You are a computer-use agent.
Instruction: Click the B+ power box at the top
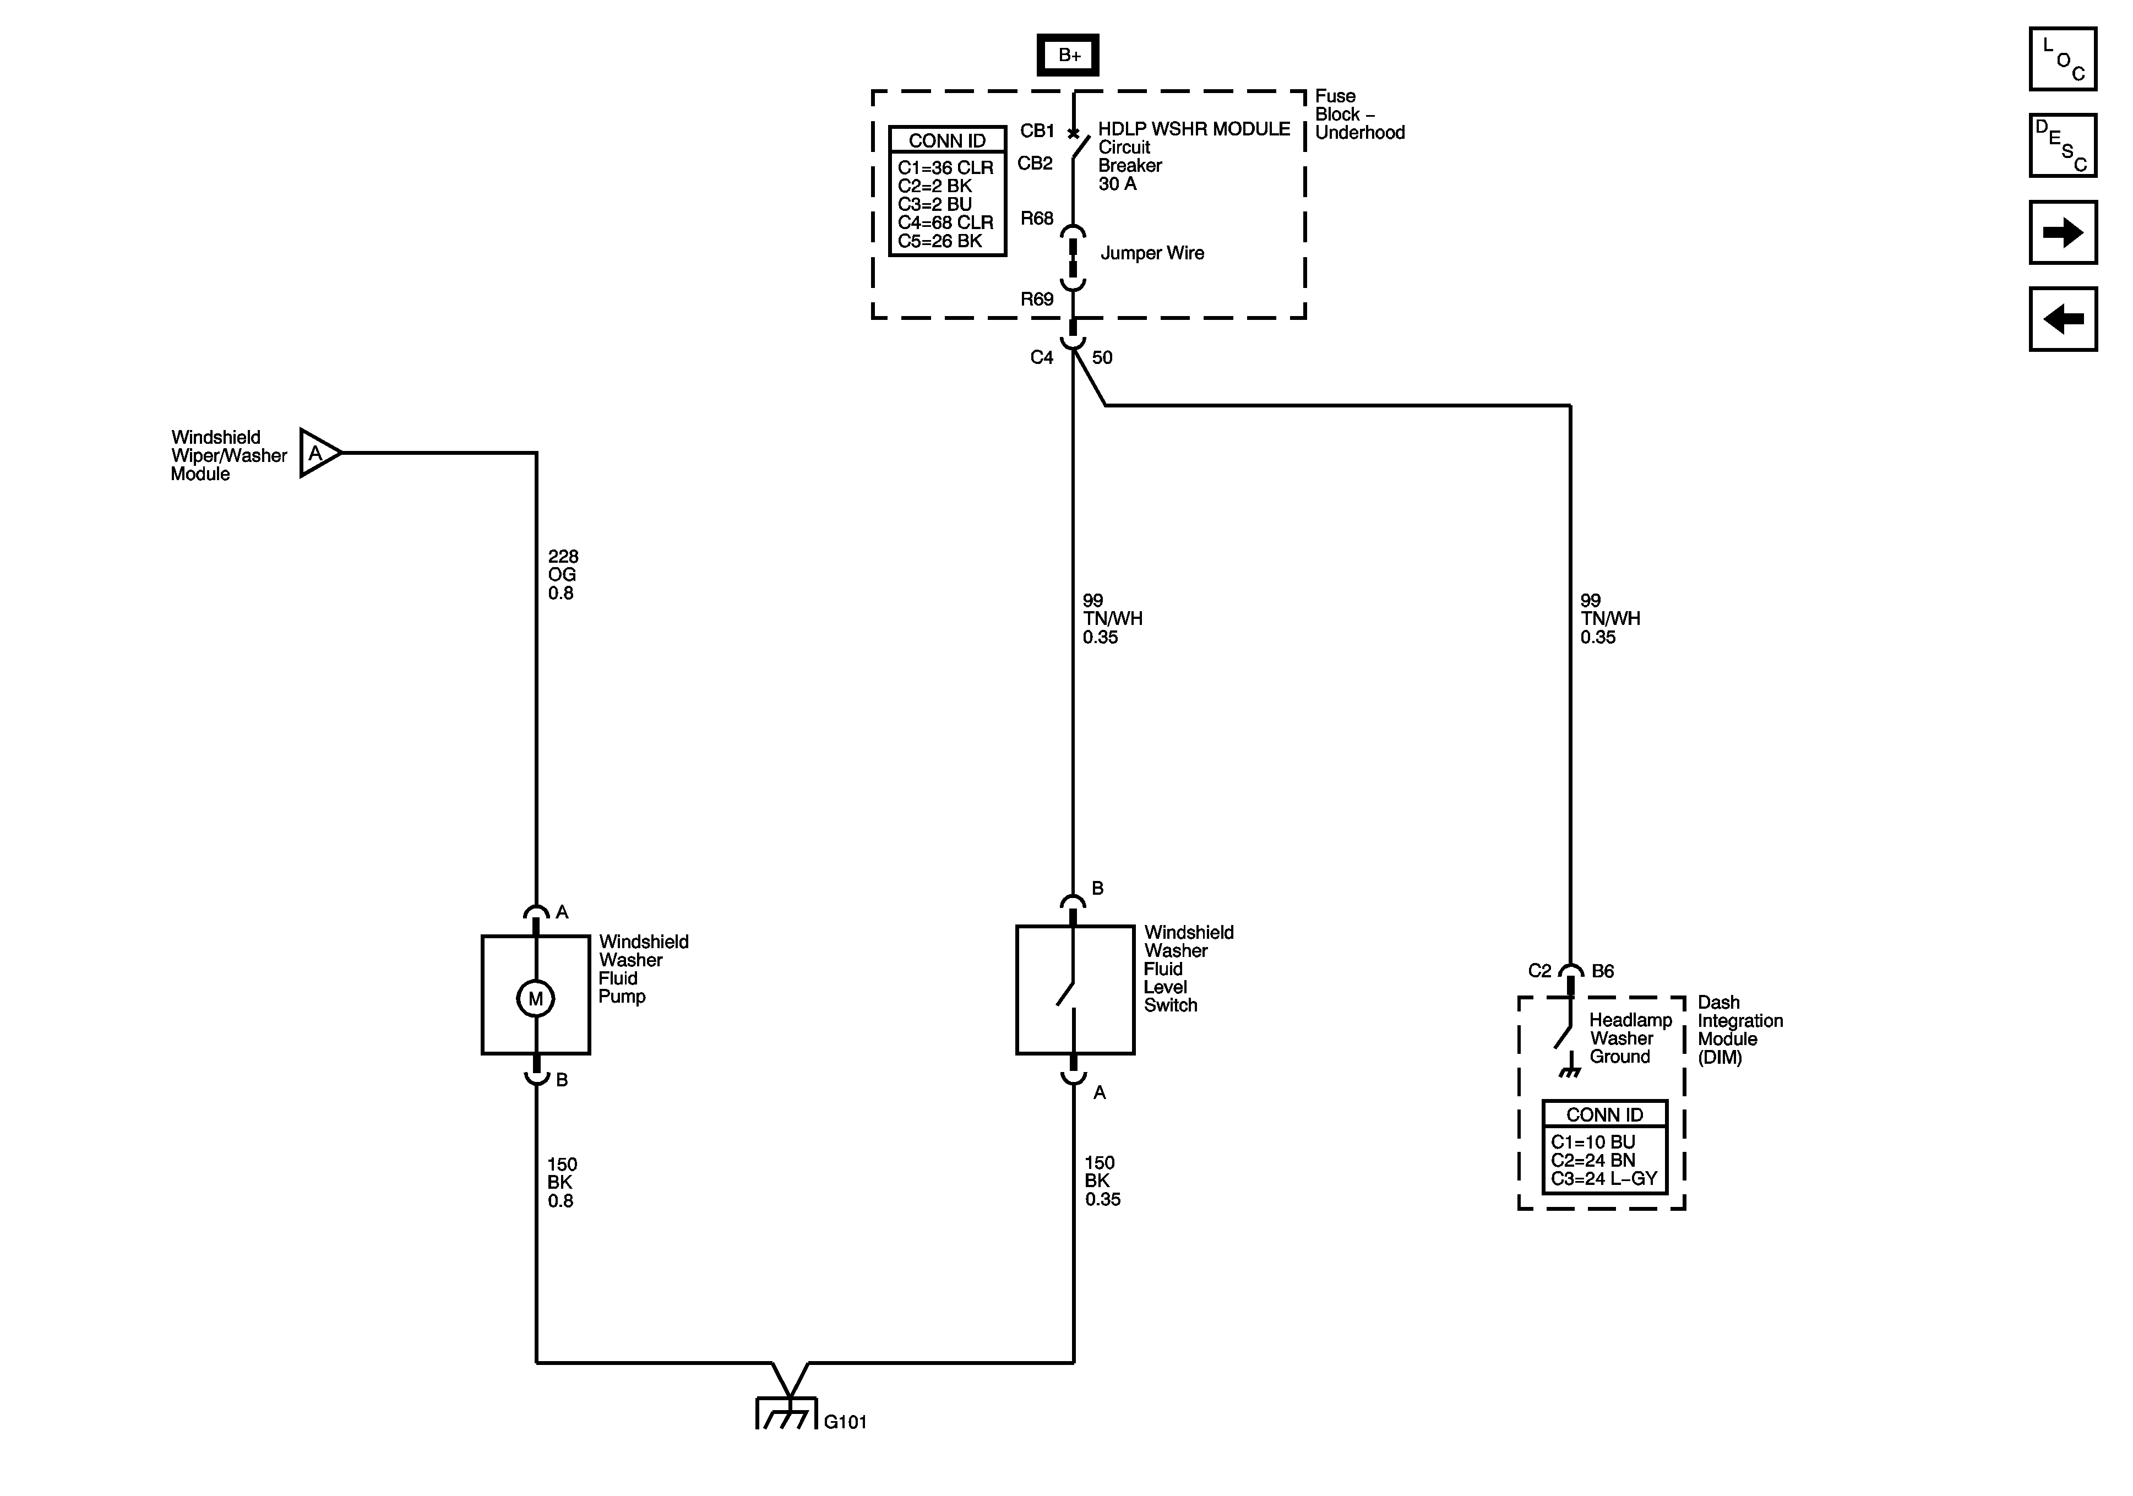pyautogui.click(x=1068, y=56)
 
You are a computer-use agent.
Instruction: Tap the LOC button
pyautogui.click(x=2063, y=59)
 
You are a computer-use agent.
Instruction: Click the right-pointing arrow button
pyautogui.click(x=2063, y=232)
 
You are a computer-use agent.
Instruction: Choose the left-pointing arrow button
pyautogui.click(x=2063, y=319)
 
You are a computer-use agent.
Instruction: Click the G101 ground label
pyautogui.click(x=845, y=1422)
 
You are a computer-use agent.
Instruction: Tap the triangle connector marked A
pyautogui.click(x=317, y=454)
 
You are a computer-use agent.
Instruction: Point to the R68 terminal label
pyautogui.click(x=1037, y=219)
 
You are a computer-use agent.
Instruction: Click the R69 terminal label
pyautogui.click(x=1037, y=299)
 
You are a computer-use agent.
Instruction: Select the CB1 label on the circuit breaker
pyautogui.click(x=1037, y=131)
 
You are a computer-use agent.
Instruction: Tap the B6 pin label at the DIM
pyautogui.click(x=1603, y=971)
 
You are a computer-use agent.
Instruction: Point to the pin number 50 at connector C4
pyautogui.click(x=1102, y=358)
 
